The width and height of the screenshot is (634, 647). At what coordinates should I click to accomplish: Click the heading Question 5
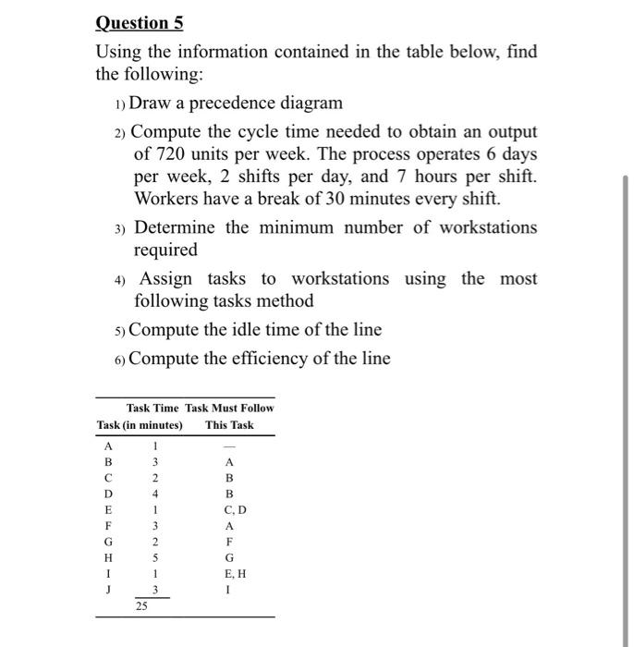tap(133, 22)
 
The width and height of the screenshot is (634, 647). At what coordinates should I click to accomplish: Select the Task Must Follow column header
tap(229, 408)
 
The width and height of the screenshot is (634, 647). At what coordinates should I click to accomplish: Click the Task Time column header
tap(152, 408)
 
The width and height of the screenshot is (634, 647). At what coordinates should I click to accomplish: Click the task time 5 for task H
tap(155, 558)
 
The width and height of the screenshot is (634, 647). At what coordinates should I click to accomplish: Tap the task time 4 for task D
tap(155, 494)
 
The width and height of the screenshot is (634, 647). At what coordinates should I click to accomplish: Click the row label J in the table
tap(107, 590)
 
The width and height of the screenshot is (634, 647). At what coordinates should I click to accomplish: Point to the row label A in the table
tap(107, 446)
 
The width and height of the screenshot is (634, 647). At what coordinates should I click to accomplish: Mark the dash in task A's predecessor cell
tap(229, 446)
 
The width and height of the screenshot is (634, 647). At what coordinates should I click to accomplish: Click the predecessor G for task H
tap(229, 558)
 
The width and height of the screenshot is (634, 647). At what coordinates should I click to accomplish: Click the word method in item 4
tap(287, 301)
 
